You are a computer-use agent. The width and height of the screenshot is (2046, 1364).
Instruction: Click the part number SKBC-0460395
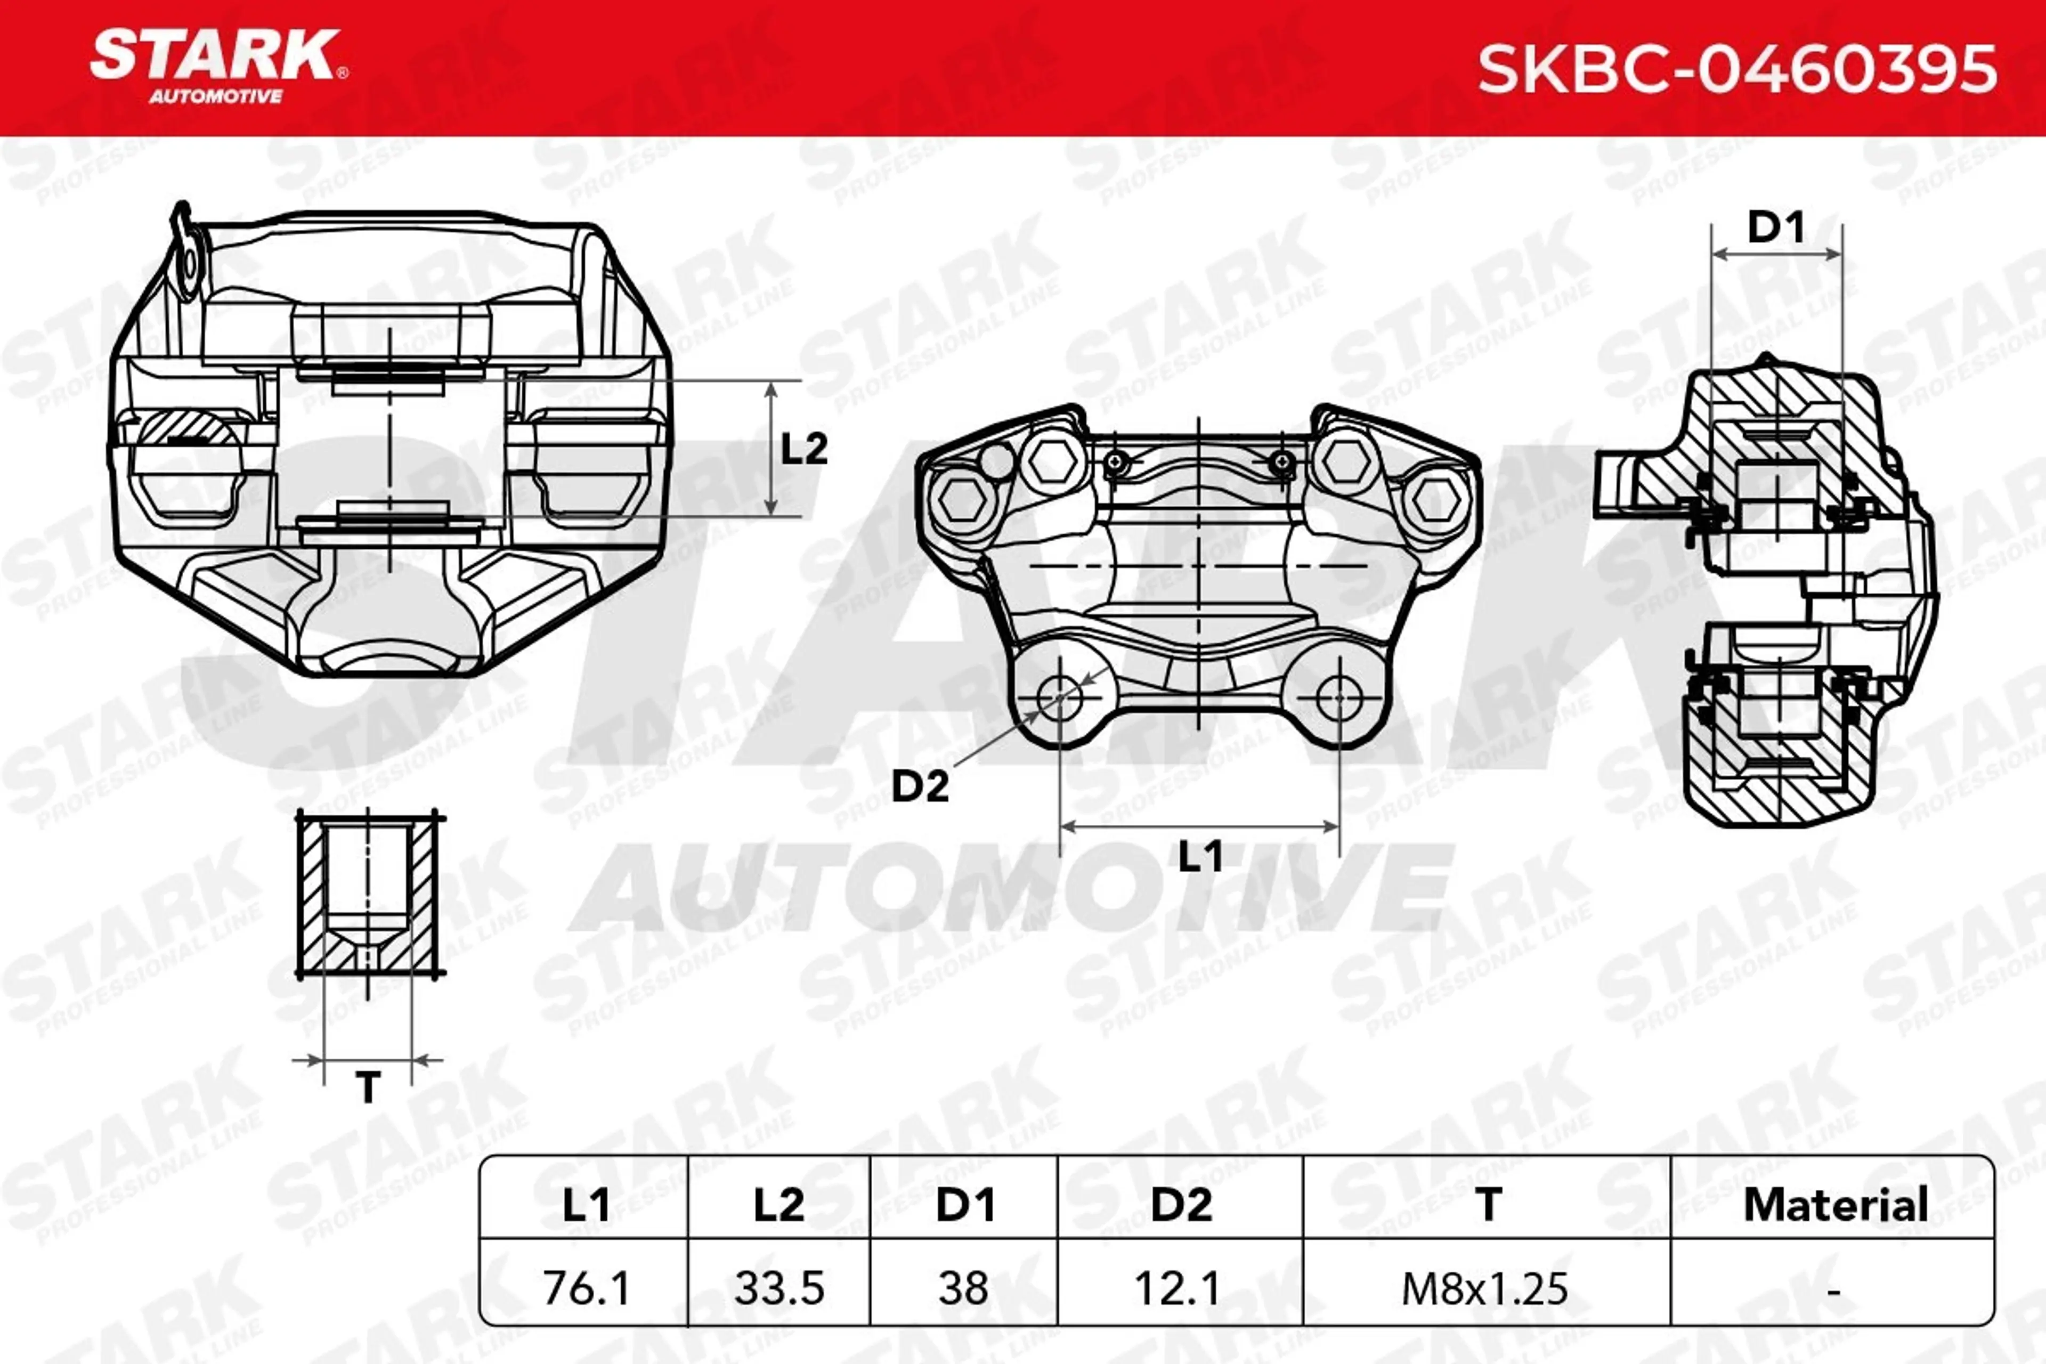coord(1736,70)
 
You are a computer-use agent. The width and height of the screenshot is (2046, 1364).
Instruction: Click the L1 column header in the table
coord(586,1205)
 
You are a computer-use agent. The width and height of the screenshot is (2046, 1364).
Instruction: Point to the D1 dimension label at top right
coord(1775,228)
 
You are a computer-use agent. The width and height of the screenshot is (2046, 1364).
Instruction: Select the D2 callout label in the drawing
coord(920,787)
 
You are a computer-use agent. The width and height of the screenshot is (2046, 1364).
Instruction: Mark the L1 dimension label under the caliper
coord(1200,857)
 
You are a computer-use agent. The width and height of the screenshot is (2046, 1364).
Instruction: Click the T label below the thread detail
coord(368,1087)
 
